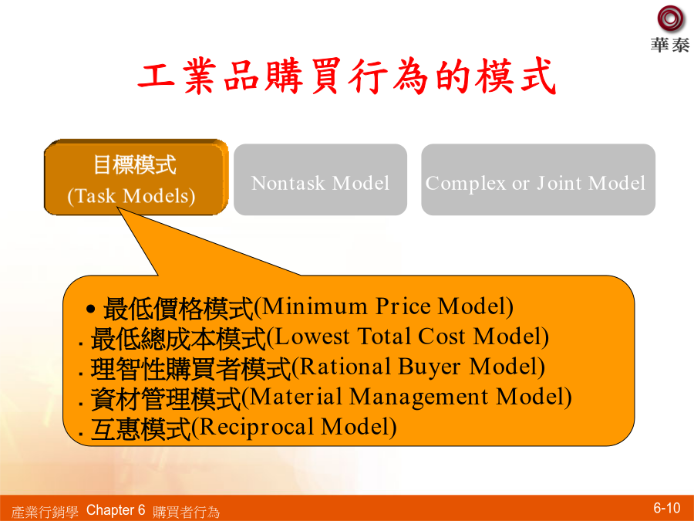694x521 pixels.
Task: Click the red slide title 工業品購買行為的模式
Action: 346,76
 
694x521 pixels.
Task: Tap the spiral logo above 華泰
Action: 670,19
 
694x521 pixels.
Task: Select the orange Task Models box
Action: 136,178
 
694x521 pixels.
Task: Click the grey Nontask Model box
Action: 320,179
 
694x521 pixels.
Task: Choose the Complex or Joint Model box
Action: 538,179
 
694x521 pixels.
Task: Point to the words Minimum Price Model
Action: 384,306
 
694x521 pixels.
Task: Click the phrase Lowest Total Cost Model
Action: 408,337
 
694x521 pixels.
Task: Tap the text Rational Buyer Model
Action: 418,367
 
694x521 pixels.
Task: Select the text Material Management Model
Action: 406,397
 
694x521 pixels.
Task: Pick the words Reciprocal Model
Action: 294,427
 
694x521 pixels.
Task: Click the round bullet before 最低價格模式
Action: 91,309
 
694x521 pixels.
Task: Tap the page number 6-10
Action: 666,508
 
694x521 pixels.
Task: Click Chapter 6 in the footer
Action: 116,510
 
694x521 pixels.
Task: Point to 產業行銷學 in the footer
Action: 45,512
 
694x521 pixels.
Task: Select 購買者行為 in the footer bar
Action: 186,512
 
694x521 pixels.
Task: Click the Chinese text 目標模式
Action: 134,165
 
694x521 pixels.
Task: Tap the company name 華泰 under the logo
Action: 669,45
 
